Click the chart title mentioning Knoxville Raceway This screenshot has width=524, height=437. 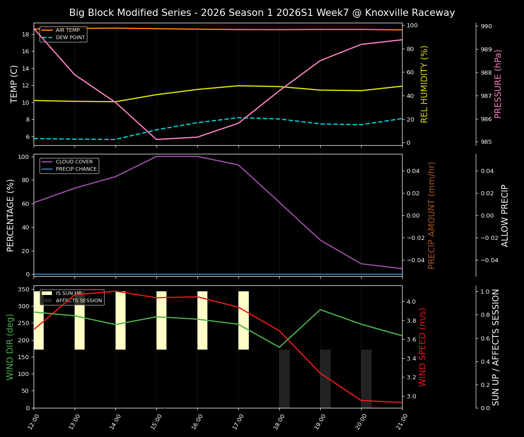(x=262, y=13)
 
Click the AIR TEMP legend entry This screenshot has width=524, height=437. (x=68, y=30)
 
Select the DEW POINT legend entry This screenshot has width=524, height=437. (x=70, y=37)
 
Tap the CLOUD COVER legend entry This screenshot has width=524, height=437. (x=74, y=162)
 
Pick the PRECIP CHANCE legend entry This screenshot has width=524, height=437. (x=76, y=169)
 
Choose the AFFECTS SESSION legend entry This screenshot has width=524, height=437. (x=79, y=300)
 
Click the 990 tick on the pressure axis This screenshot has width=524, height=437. (x=486, y=26)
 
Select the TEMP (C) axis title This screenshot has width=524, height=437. (x=14, y=84)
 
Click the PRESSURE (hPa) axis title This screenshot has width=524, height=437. (x=498, y=84)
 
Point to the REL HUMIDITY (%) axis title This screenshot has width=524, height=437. (x=424, y=84)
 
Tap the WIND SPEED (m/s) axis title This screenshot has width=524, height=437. (x=423, y=347)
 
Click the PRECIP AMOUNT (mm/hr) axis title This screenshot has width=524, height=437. (x=432, y=215)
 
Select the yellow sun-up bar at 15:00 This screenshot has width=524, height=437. (x=161, y=320)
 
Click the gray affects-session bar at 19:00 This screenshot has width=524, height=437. (x=325, y=379)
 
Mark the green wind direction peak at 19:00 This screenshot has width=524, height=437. (x=320, y=310)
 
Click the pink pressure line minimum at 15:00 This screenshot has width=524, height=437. (x=156, y=139)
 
